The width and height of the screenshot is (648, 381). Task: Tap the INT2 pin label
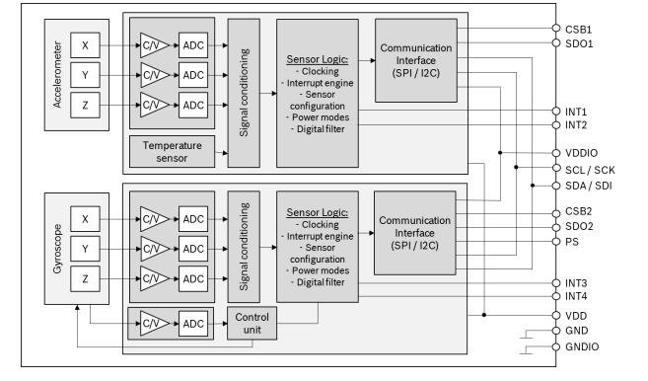point(576,126)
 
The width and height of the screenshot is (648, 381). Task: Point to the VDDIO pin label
point(581,154)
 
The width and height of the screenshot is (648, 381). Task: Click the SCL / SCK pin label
point(589,170)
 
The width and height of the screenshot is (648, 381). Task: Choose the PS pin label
point(571,241)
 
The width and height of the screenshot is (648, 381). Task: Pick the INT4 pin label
point(576,296)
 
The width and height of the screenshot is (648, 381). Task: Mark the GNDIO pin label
point(581,347)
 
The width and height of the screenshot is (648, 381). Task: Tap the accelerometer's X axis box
point(85,44)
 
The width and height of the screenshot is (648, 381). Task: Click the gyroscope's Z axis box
point(85,279)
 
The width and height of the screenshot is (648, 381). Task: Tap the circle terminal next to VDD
point(555,315)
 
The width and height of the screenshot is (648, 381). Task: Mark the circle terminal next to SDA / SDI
point(555,185)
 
